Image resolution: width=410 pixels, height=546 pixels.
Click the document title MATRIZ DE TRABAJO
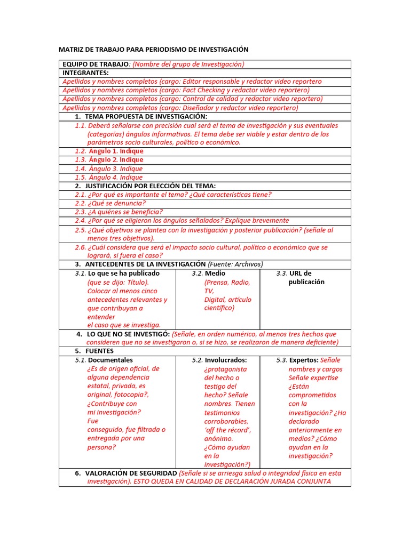pyautogui.click(x=153, y=50)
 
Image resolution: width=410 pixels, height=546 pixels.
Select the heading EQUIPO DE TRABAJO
pyautogui.click(x=96, y=64)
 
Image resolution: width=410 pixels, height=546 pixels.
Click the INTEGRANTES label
pyautogui.click(x=85, y=73)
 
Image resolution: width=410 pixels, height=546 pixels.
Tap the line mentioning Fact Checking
pyautogui.click(x=186, y=90)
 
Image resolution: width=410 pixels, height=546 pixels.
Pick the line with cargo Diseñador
pyautogui.click(x=180, y=108)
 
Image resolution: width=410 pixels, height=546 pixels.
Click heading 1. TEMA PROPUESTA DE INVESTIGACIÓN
pyautogui.click(x=141, y=116)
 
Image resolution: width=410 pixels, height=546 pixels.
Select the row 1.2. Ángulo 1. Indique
pyautogui.click(x=109, y=151)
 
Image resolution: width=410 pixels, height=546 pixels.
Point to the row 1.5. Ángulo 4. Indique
pyautogui.click(x=109, y=177)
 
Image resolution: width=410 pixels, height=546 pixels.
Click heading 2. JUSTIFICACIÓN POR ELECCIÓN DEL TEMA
pyautogui.click(x=145, y=186)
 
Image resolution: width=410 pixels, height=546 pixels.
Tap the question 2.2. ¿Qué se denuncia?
pyautogui.click(x=111, y=203)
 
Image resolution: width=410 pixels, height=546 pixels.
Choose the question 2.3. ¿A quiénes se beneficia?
pyautogui.click(x=119, y=212)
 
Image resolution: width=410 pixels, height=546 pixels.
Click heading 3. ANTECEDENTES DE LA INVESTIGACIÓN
pyautogui.click(x=140, y=264)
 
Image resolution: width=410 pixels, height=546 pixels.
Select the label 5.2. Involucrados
pyautogui.click(x=219, y=360)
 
